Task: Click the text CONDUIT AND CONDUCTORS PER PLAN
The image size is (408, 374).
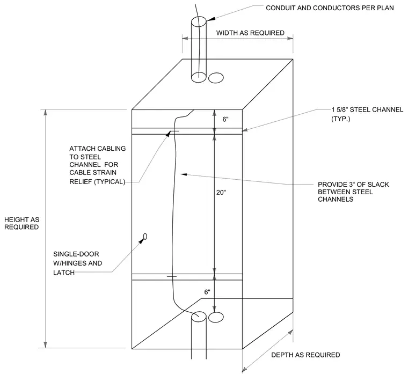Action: click(x=330, y=8)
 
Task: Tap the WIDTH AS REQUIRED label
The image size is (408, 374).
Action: click(x=250, y=33)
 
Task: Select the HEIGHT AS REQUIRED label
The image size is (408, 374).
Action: click(x=22, y=223)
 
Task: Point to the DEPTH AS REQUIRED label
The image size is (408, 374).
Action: click(x=305, y=355)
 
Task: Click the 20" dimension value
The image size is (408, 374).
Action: click(x=221, y=193)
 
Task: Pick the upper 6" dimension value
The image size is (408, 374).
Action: click(x=225, y=119)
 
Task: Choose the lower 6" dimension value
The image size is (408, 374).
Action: click(x=207, y=292)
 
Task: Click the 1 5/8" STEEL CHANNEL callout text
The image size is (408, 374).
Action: click(x=367, y=114)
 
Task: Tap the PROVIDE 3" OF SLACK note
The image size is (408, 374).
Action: click(x=353, y=192)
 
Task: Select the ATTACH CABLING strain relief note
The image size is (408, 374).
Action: click(x=98, y=165)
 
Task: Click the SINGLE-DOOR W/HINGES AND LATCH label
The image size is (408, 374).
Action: click(x=77, y=263)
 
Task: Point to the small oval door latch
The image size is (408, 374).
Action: click(x=145, y=236)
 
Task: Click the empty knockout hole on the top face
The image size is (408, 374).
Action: click(x=216, y=78)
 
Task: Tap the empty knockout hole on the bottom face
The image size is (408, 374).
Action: click(x=216, y=317)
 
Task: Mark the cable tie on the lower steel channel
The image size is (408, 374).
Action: click(x=172, y=276)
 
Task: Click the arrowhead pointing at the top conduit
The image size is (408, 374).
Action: click(x=211, y=19)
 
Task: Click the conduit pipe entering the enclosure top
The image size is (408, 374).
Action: click(x=199, y=49)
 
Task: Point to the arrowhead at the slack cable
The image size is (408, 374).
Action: click(x=184, y=174)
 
